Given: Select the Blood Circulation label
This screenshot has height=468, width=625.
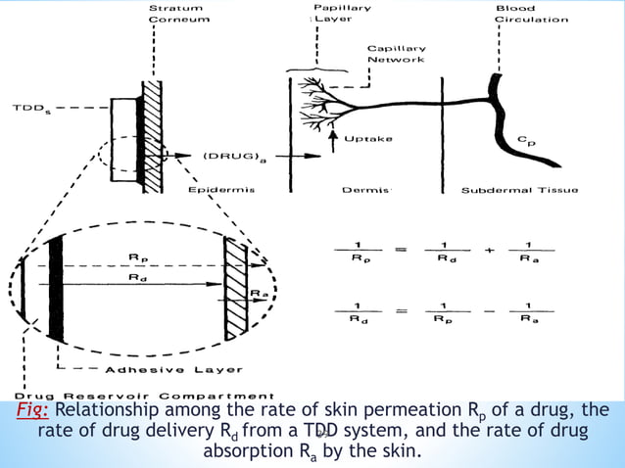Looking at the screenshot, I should (x=530, y=14).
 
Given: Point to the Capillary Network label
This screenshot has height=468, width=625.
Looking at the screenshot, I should (x=396, y=54).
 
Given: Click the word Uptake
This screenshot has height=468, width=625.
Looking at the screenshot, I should (x=368, y=139).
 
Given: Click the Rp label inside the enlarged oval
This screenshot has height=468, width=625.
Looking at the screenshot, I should (x=139, y=257).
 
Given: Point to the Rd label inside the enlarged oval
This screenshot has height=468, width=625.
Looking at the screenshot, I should (x=139, y=278).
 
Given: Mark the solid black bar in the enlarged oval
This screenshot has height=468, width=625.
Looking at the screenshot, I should (x=56, y=288).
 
